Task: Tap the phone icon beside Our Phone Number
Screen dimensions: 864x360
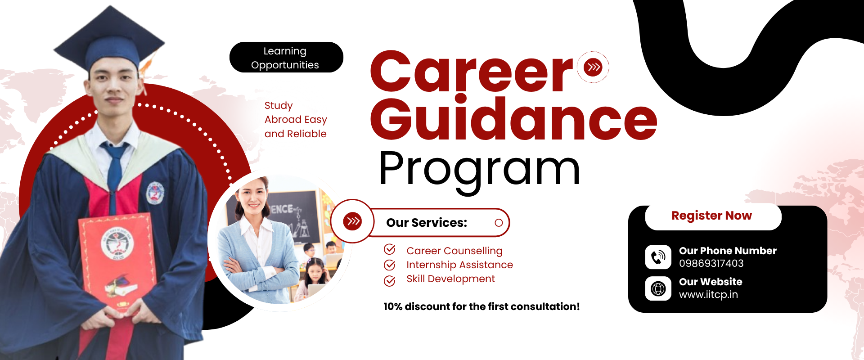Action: point(658,257)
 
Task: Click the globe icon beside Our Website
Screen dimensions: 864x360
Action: point(658,288)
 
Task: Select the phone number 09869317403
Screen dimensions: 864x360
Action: point(711,263)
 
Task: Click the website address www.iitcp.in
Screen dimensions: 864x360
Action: point(708,295)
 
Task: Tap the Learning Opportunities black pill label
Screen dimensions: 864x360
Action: point(286,58)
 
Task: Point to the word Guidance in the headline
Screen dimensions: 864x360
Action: point(513,118)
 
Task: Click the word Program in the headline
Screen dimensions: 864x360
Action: point(480,171)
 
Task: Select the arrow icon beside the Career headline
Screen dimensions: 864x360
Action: point(593,67)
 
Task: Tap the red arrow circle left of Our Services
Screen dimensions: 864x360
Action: point(352,221)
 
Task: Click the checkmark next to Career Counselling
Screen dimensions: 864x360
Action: point(390,250)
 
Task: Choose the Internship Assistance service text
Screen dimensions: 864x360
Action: point(459,265)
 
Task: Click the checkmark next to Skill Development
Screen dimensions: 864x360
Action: point(390,280)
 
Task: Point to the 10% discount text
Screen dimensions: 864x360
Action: point(481,307)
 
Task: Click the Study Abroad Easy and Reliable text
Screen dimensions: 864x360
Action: point(296,120)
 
